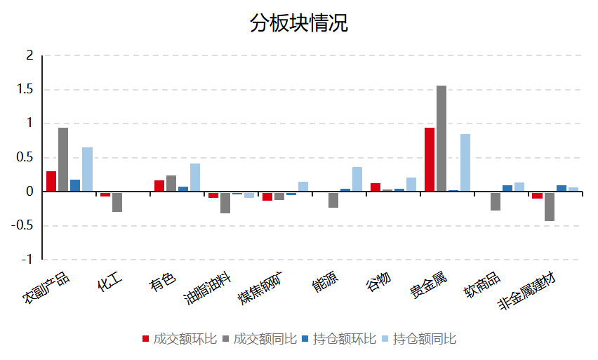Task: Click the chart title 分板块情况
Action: coord(298,23)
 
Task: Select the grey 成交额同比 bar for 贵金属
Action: coord(441,138)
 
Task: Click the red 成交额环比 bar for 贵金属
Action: coord(430,159)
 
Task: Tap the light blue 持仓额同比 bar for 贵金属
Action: coord(465,163)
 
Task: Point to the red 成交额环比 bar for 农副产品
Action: coord(51,181)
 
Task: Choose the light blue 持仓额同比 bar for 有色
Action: coord(195,178)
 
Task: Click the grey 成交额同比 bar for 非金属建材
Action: coord(549,206)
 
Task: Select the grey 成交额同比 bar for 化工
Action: coord(117,201)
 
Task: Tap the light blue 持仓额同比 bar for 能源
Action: coord(357,179)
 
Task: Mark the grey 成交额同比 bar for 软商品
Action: coord(496,201)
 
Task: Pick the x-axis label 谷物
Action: coord(377,284)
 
